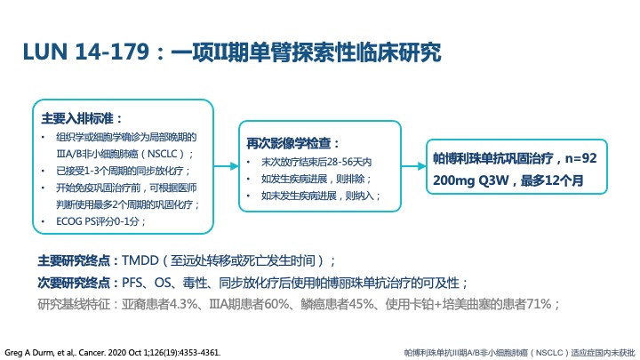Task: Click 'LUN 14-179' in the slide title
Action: (86, 52)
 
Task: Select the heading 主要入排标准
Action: (77, 119)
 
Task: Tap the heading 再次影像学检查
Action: (288, 143)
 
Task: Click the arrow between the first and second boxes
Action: (226, 166)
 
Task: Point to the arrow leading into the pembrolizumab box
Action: (414, 166)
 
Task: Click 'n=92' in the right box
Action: (580, 158)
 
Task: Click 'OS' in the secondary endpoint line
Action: (163, 283)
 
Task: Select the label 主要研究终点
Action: (74, 260)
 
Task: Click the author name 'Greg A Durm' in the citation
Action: (28, 353)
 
